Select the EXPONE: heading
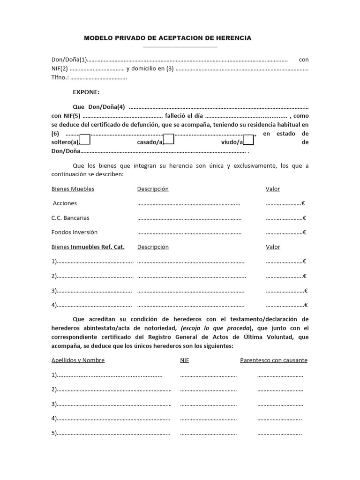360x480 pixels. (86, 92)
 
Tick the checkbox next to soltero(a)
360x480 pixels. (85, 139)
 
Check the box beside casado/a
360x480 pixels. (169, 139)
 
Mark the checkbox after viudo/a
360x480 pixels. (248, 140)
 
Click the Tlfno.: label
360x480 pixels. (60, 77)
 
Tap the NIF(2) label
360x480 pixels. (60, 68)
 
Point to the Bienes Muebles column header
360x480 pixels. (73, 189)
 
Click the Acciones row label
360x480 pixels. (65, 203)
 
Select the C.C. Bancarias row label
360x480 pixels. (70, 218)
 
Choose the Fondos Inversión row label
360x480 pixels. (75, 232)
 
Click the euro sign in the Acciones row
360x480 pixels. (303, 203)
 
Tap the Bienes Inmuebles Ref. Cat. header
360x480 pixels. (88, 247)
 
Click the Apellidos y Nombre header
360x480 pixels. (78, 360)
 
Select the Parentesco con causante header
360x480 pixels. (274, 360)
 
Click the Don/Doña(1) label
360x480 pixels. (69, 60)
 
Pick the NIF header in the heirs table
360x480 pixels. (185, 360)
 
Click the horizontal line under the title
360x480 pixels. (180, 47)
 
